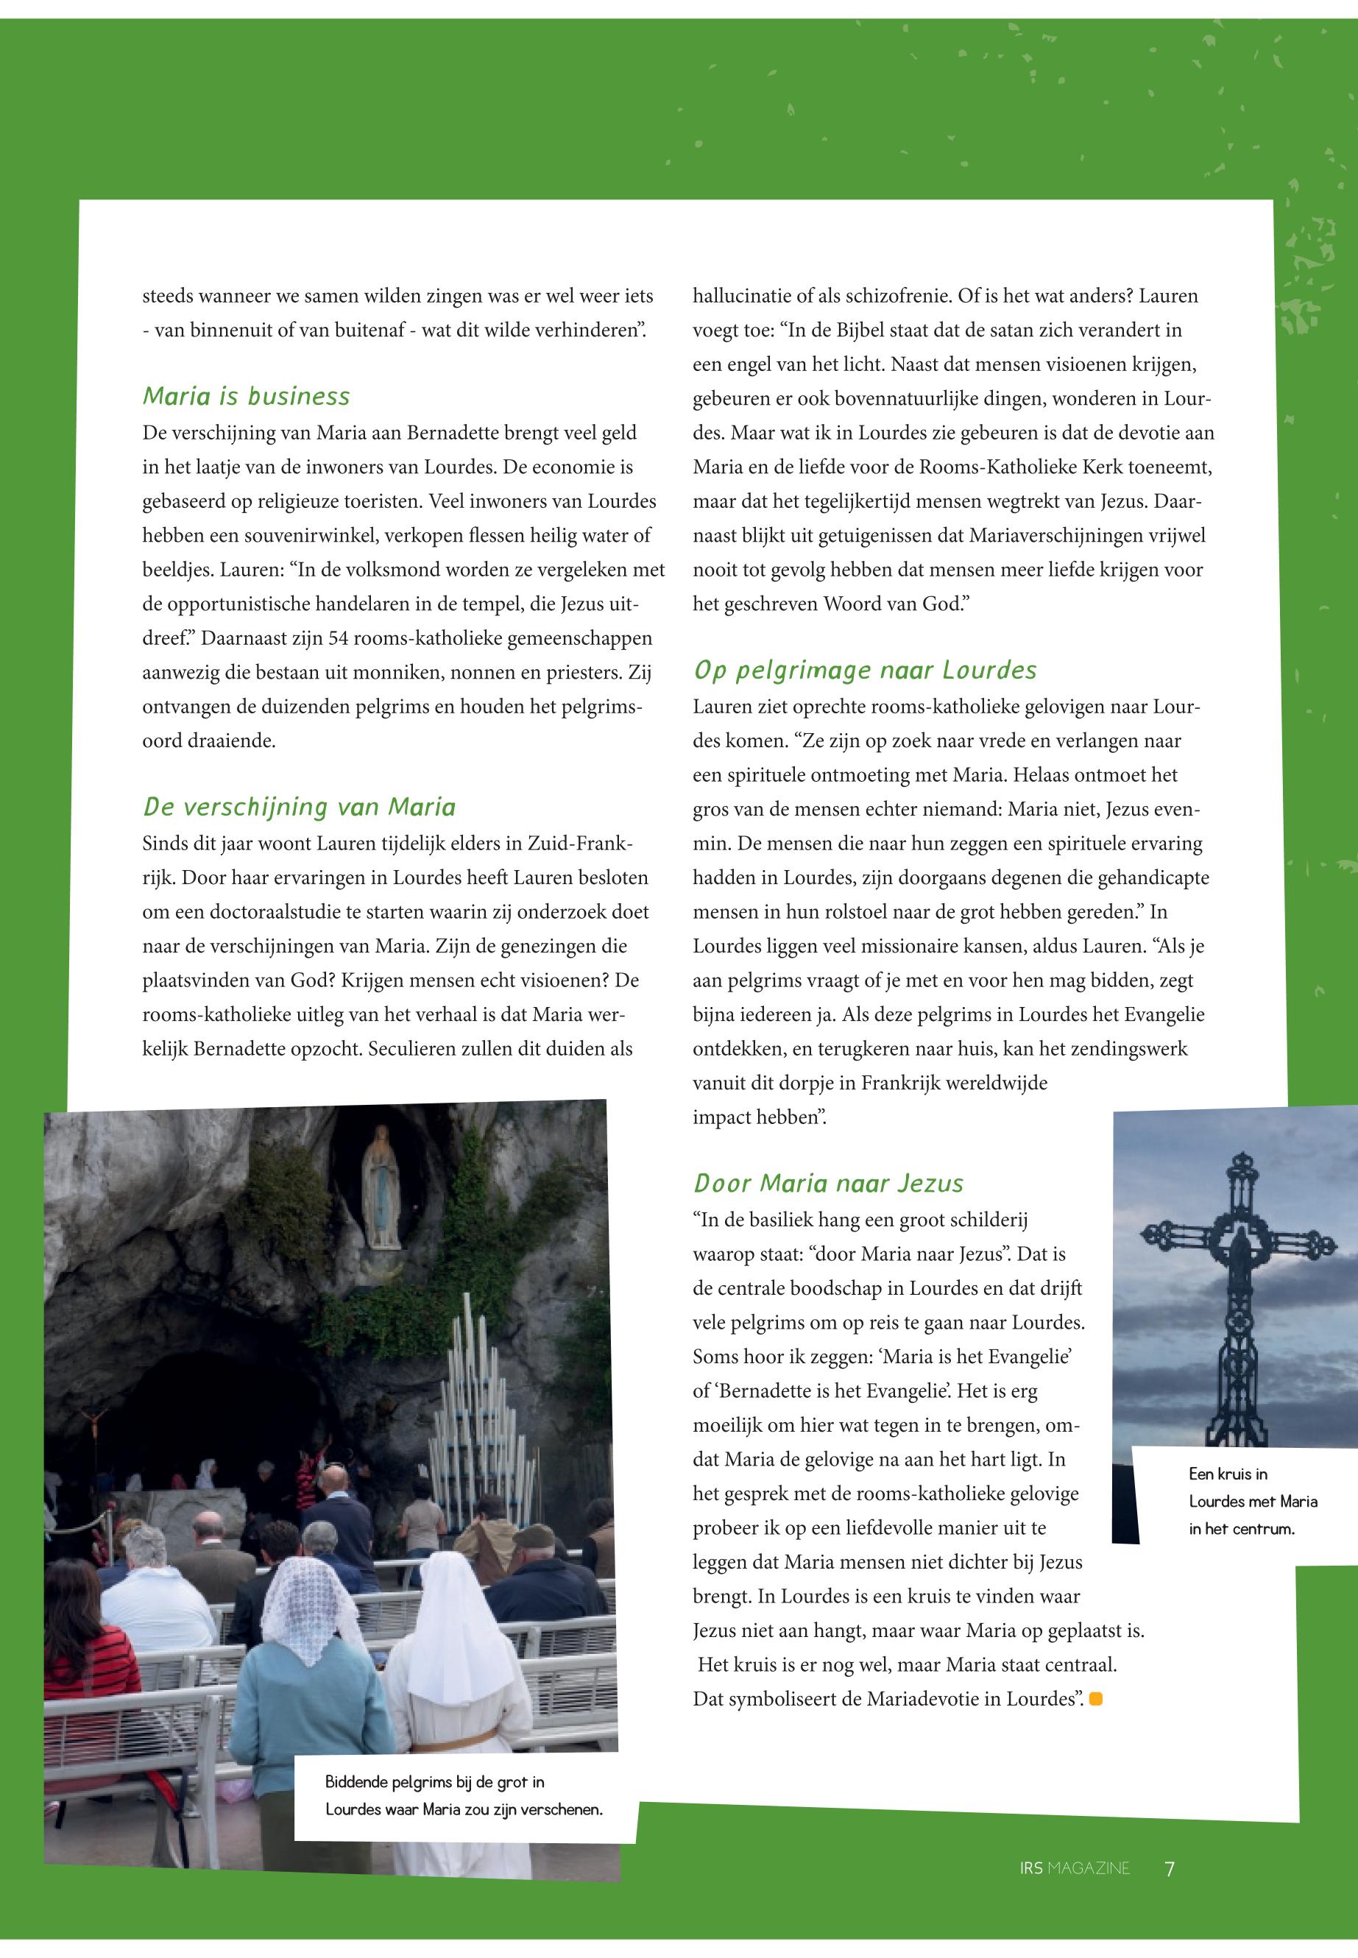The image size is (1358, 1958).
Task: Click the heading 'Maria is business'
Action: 246,397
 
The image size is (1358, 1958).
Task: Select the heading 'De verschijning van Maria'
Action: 299,807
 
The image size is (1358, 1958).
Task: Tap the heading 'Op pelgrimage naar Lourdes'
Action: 866,671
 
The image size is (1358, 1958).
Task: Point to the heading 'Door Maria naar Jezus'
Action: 829,1184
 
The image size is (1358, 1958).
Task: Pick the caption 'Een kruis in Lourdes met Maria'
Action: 1253,1501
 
